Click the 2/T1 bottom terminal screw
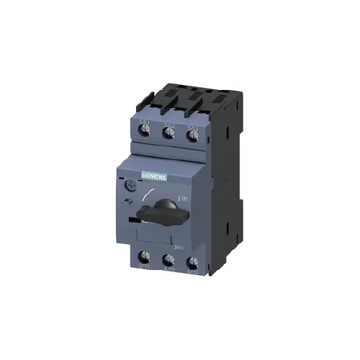145,261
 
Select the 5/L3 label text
191,125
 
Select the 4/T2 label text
168,274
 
